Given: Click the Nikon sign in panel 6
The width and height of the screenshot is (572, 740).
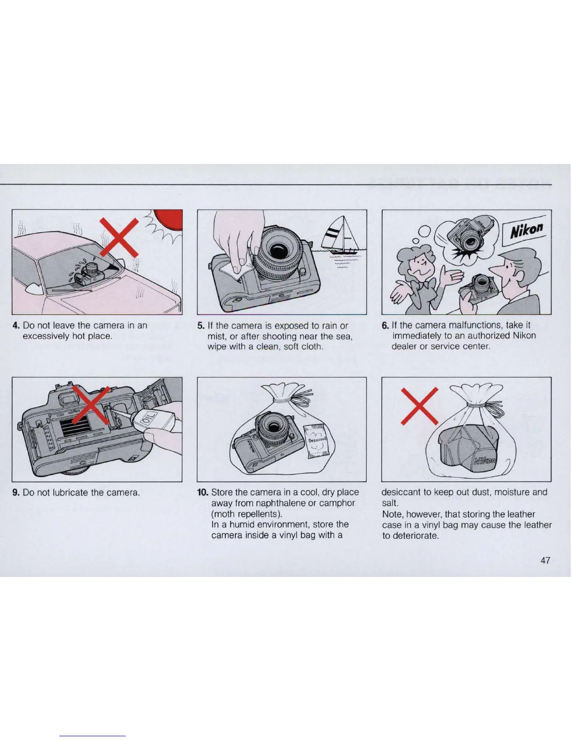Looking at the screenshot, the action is click(x=527, y=229).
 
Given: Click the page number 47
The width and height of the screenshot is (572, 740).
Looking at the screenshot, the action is click(x=545, y=560).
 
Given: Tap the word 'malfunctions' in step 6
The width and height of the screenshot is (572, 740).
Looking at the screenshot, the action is click(x=472, y=325).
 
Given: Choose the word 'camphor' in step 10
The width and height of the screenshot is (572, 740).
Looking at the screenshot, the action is click(x=337, y=503).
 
